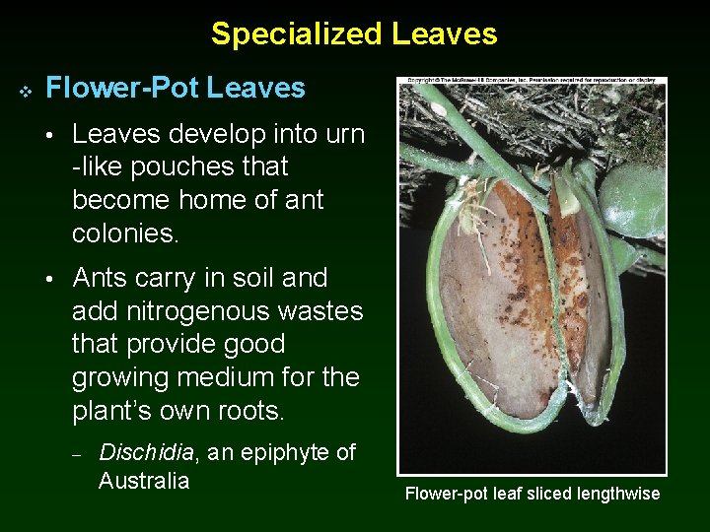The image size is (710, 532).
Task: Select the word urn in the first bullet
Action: click(343, 134)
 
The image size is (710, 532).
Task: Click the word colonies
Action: click(123, 233)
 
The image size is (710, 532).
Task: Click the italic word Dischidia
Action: click(147, 453)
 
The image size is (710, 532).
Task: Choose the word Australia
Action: click(143, 482)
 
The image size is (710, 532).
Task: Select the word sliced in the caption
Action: click(541, 494)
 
